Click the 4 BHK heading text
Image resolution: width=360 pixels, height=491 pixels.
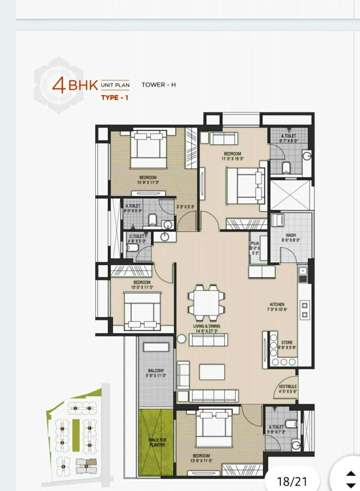point(75,85)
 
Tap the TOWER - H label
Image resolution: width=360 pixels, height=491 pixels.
point(159,85)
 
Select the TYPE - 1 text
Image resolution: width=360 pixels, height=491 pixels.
point(114,97)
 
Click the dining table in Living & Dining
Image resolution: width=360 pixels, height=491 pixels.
point(206,302)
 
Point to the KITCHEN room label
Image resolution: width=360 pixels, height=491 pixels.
point(277,304)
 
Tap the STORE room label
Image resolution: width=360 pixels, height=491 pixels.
point(287,342)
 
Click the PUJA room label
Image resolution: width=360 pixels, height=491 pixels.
point(255,243)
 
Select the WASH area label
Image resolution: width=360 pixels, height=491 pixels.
point(290,236)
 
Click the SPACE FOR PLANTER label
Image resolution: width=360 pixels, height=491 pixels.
point(156,442)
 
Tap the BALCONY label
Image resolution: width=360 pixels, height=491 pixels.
point(156,371)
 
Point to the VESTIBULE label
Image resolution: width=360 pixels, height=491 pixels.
point(288,386)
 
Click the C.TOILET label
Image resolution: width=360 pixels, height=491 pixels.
point(136,236)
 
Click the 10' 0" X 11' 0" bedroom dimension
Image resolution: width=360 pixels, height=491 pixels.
point(142,287)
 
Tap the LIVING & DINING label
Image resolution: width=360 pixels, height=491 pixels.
point(207,326)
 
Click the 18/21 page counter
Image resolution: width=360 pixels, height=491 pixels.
point(292,481)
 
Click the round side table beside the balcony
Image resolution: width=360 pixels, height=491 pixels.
point(182,339)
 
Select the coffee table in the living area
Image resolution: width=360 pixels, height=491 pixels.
point(212,372)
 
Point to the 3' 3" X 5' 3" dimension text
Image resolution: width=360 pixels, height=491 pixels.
point(186,207)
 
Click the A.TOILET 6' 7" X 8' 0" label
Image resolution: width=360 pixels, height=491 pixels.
point(288,138)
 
